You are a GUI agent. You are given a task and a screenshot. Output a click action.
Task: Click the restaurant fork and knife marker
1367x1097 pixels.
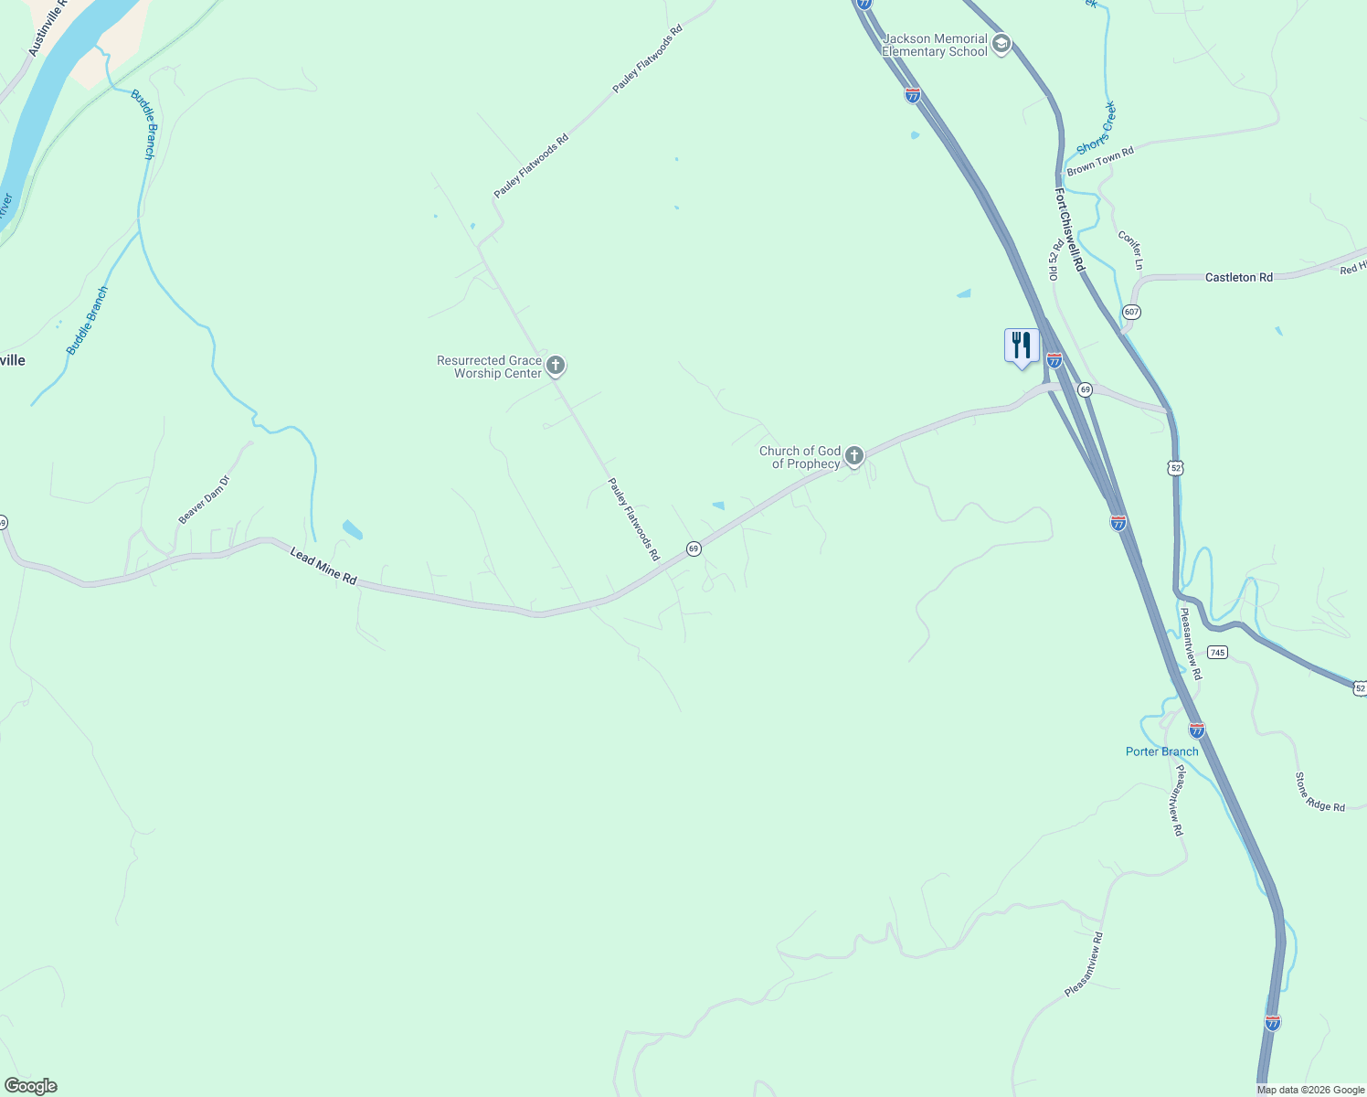[1022, 346]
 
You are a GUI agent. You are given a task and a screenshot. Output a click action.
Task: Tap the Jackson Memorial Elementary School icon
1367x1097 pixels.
[1001, 45]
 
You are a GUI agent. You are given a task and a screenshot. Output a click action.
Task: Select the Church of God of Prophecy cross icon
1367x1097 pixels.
[853, 455]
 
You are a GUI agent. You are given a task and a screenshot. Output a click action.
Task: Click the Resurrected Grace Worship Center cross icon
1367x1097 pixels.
[555, 366]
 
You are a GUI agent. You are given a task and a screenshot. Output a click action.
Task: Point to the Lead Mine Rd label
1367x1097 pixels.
[323, 566]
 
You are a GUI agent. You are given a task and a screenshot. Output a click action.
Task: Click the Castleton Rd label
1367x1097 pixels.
[1238, 277]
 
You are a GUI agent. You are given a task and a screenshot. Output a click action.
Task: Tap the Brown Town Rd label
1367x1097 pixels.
[1100, 161]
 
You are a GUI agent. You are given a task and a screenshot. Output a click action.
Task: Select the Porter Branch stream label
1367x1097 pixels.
[1161, 751]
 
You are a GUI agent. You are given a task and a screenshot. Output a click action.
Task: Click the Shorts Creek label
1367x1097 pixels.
[1096, 129]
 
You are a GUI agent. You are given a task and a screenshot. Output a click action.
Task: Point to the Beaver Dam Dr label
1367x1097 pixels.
[204, 499]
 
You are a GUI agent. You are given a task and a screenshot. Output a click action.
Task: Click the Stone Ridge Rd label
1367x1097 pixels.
[1319, 793]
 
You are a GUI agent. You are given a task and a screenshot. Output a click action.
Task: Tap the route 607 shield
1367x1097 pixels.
[1132, 312]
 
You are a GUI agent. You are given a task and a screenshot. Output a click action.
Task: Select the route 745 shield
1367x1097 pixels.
[1216, 652]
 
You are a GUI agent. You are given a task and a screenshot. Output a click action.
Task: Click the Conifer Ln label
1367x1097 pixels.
[1130, 250]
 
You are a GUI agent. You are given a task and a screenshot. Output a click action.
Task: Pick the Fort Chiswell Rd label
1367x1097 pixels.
[1068, 229]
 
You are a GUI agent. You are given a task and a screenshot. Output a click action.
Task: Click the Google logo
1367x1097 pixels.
[30, 1086]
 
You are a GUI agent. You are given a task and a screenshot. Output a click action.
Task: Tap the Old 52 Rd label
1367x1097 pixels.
[1055, 259]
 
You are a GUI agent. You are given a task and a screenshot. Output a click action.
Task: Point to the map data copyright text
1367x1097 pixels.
[1310, 1090]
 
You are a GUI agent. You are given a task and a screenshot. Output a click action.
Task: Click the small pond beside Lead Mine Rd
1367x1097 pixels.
[352, 529]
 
